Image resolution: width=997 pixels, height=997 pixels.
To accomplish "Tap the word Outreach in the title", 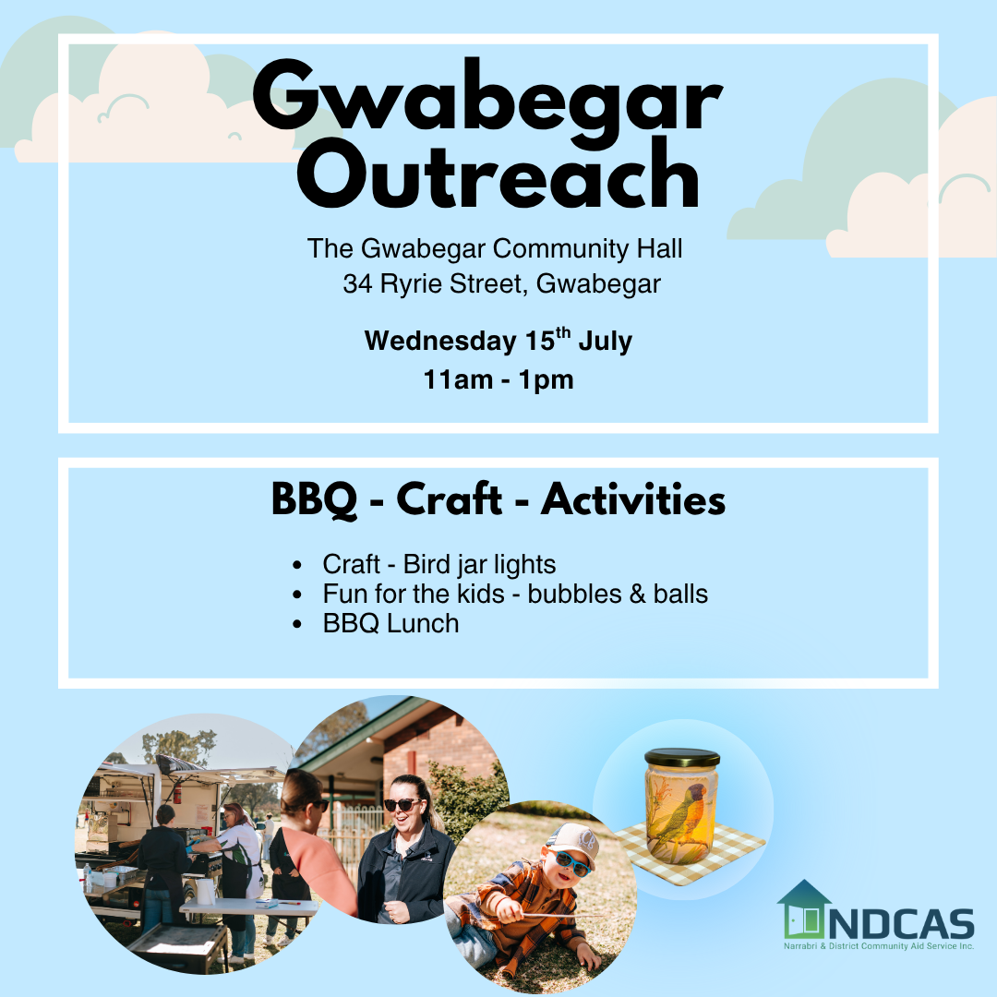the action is point(498,174).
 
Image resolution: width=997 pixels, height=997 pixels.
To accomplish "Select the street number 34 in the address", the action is point(357,283).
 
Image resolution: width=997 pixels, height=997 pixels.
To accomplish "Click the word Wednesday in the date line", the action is point(440,341).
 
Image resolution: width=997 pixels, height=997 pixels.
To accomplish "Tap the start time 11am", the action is point(458,380).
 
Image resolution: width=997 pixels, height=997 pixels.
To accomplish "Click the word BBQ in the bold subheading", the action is point(315,499).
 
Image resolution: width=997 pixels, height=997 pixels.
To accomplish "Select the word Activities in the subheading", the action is point(633,499).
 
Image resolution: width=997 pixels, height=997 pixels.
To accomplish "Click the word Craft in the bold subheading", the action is point(449,498).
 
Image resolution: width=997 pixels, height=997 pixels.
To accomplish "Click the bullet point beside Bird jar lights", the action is point(297,565).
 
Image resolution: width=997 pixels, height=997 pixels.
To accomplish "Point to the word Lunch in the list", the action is point(423,623).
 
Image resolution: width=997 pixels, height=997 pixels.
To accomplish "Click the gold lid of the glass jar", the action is point(682,758).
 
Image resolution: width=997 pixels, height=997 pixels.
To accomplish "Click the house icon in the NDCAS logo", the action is point(804,910).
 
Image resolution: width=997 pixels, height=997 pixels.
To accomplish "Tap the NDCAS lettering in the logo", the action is point(902,924).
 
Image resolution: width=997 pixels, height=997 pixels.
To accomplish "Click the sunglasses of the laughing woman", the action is point(402,804).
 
